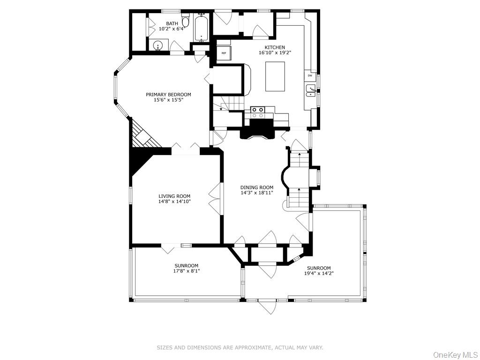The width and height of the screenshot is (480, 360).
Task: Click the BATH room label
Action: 172,23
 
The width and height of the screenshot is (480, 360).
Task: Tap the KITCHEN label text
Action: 275,47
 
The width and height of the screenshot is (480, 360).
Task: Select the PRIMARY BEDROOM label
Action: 168,94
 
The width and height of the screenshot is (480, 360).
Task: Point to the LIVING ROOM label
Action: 174,196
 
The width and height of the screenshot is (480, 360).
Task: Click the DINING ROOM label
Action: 257,187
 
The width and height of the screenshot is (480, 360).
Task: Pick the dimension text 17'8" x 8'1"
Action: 187,271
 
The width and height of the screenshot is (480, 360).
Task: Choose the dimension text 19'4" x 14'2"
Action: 319,273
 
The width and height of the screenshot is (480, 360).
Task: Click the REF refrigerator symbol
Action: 224,53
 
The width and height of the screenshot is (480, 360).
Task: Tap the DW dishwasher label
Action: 310,75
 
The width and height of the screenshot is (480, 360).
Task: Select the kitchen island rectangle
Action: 275,76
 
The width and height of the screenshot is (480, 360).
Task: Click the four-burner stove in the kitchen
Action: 257,112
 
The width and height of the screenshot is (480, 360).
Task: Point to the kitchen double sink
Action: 311,90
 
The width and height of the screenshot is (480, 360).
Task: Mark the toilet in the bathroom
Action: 185,22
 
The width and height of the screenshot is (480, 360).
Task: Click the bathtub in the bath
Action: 202,27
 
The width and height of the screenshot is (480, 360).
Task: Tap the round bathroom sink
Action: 158,46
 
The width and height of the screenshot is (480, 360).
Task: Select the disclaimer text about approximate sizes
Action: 240,347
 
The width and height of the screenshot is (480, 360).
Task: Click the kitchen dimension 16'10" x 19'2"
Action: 275,53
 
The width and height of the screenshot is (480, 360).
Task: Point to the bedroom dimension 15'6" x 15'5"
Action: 168,100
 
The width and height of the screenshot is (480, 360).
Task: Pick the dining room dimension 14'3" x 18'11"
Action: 257,193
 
